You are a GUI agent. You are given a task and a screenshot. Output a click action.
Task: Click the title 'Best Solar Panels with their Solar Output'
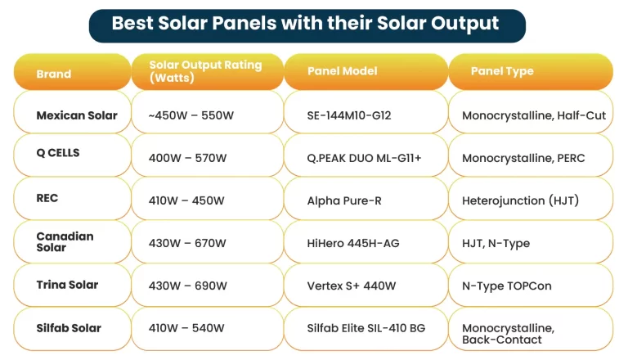point(306,24)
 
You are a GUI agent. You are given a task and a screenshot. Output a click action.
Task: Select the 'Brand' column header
point(72,74)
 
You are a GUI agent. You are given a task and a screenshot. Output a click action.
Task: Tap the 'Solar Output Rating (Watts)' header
point(206,72)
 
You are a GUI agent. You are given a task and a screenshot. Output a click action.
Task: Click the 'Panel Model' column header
point(365,72)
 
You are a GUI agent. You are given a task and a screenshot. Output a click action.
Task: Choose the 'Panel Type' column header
point(530,72)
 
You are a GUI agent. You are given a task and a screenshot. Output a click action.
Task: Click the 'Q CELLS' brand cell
point(72,154)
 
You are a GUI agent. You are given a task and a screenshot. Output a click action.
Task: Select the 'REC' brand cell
point(72,199)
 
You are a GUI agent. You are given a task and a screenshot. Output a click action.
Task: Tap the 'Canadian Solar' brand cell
point(72,242)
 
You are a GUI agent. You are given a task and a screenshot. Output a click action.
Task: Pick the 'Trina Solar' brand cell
point(72,286)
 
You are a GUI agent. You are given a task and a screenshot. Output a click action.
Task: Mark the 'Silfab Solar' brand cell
point(72,328)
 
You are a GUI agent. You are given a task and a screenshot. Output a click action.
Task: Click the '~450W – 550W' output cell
point(206,115)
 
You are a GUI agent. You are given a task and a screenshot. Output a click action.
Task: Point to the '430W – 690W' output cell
point(206,286)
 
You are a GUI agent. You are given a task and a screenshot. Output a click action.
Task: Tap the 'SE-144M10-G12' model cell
point(365,115)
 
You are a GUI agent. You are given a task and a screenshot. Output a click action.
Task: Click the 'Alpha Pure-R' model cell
point(365,200)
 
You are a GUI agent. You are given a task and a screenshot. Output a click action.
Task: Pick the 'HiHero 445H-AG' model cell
point(365,243)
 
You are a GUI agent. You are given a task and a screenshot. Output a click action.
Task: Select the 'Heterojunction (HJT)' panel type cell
point(530,200)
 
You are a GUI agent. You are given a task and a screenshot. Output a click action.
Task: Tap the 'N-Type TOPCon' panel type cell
point(530,286)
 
